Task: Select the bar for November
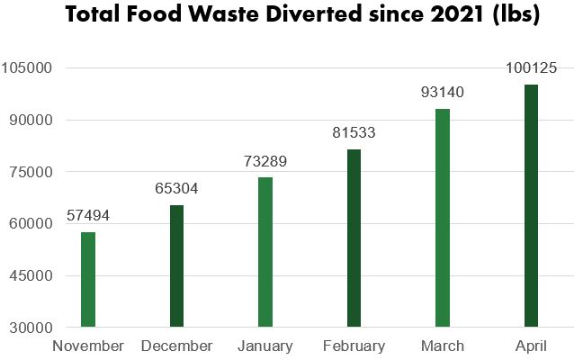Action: [x=88, y=279]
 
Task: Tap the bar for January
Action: [x=265, y=252]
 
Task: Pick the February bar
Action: [x=354, y=238]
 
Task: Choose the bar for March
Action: [x=443, y=218]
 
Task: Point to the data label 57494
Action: [x=87, y=217]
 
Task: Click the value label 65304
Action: [x=176, y=189]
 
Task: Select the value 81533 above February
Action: [x=354, y=133]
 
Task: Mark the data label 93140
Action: [x=442, y=93]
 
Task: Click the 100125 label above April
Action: [x=531, y=68]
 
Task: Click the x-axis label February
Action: [x=354, y=346]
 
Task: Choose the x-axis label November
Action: [x=88, y=346]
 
